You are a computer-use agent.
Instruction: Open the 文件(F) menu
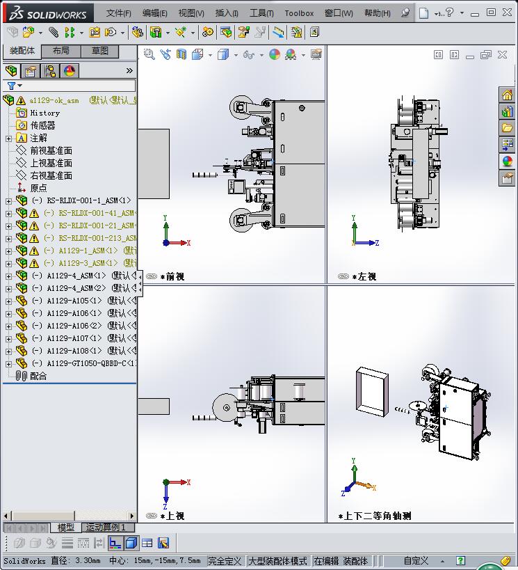click(118, 13)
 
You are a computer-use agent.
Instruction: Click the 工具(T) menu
click(261, 13)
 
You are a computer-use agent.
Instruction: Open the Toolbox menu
click(299, 13)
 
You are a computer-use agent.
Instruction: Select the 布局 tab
click(60, 51)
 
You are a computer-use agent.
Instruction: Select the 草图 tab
click(99, 51)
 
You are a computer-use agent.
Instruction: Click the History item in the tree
click(44, 113)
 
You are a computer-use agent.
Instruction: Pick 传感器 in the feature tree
click(42, 125)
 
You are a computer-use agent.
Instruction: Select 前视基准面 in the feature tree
click(51, 150)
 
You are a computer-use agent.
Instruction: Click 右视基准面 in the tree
click(51, 175)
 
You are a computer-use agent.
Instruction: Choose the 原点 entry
click(38, 188)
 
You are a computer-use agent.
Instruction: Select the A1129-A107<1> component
click(74, 338)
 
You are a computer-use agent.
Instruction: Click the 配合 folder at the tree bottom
click(38, 376)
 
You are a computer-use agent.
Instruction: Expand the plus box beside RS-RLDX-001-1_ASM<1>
click(8, 201)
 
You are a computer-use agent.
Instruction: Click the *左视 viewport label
click(364, 277)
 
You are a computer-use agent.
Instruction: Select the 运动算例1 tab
click(106, 528)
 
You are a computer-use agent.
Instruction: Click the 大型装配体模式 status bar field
click(277, 561)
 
